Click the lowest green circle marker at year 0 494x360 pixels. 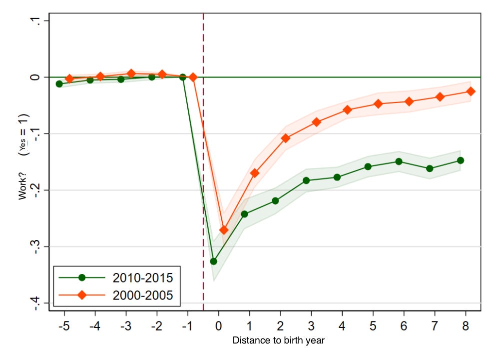click(213, 261)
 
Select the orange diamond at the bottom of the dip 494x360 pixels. click(224, 230)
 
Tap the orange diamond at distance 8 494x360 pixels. click(471, 91)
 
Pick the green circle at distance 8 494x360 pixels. click(460, 160)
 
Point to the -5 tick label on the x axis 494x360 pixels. click(63, 326)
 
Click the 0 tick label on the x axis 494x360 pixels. click(218, 326)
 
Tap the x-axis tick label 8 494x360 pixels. click(466, 326)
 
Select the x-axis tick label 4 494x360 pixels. click(342, 326)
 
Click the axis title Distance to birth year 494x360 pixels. click(279, 341)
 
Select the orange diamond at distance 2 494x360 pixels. click(286, 138)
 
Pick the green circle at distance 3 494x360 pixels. click(306, 180)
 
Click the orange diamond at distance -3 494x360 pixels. click(131, 73)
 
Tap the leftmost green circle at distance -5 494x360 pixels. click(59, 84)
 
